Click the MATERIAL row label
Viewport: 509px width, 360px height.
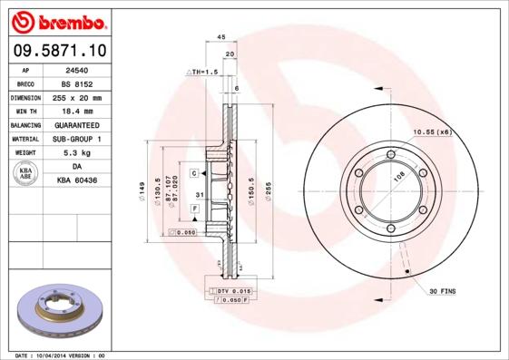[x=24, y=139]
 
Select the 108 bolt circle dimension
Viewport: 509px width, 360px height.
[x=396, y=178]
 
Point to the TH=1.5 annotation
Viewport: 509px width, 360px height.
[x=204, y=71]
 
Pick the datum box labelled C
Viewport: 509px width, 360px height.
[x=194, y=172]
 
